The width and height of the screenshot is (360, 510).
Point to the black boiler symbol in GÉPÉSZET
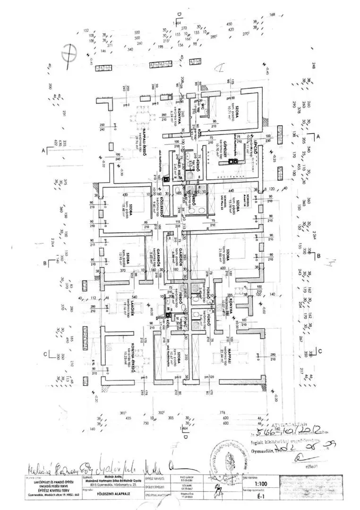click(x=232, y=161)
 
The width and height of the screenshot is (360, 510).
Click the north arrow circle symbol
click(x=69, y=52)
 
